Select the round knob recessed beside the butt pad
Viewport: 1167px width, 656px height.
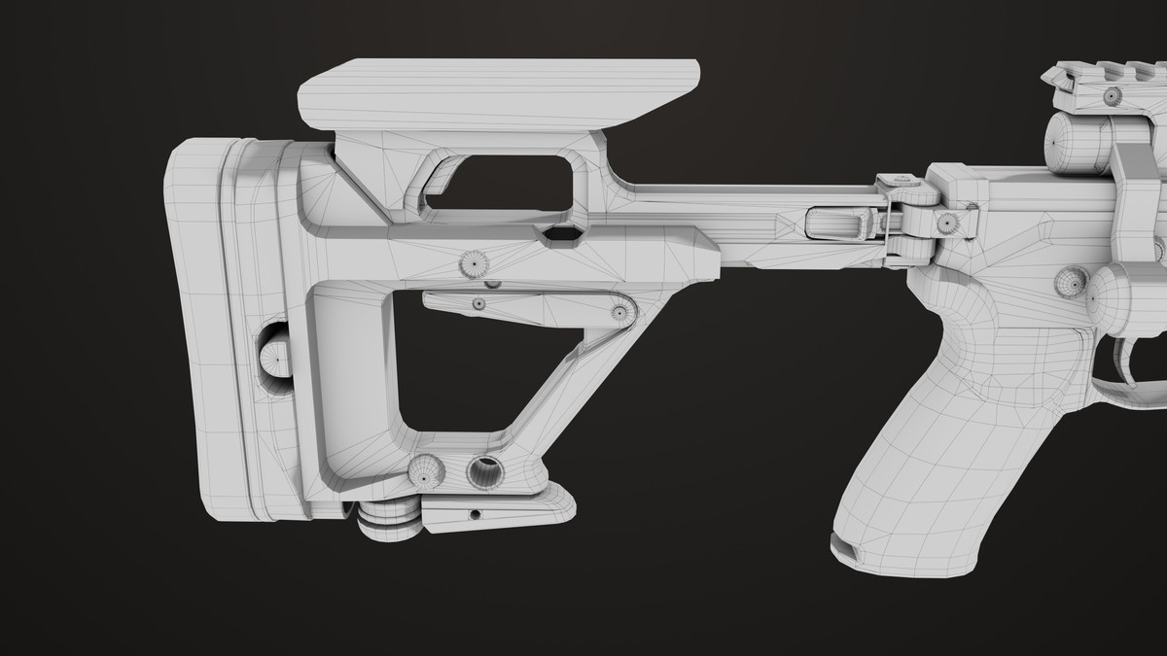(275, 359)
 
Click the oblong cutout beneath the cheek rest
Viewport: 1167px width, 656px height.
(506, 184)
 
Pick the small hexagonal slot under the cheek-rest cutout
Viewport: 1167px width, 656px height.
(558, 234)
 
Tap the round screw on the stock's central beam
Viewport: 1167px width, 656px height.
(474, 263)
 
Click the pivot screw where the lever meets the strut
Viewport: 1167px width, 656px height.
(619, 312)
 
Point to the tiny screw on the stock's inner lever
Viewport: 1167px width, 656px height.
(478, 304)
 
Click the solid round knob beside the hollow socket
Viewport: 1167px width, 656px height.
(425, 472)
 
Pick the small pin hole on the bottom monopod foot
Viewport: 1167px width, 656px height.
(475, 512)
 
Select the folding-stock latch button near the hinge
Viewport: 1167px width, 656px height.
(839, 223)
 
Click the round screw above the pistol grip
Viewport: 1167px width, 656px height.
(1070, 282)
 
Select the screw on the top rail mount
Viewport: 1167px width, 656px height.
(1112, 95)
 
